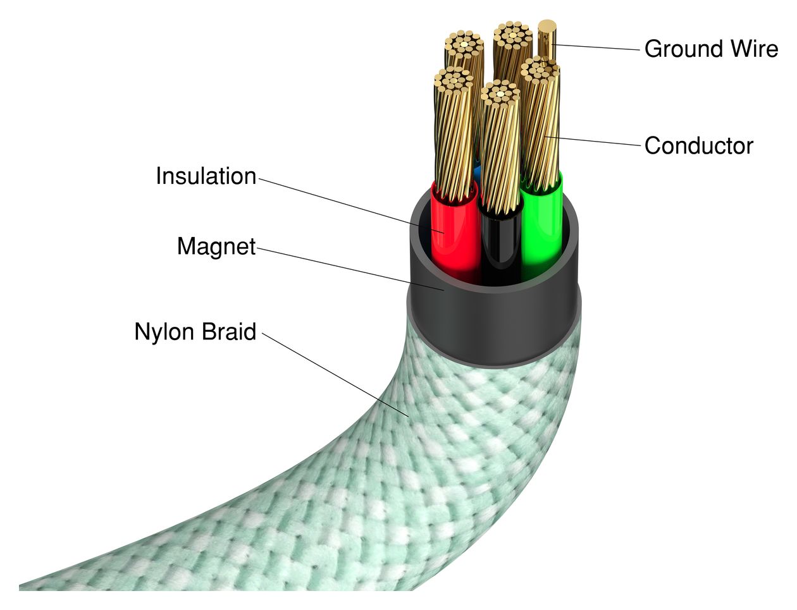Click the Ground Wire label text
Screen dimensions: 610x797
pos(711,49)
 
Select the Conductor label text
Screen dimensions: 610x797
pos(698,146)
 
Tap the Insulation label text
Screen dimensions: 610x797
pos(206,176)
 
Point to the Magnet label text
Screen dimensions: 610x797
pos(216,247)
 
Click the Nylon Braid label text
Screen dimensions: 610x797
pos(195,332)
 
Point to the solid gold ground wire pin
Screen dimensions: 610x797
pos(547,38)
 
